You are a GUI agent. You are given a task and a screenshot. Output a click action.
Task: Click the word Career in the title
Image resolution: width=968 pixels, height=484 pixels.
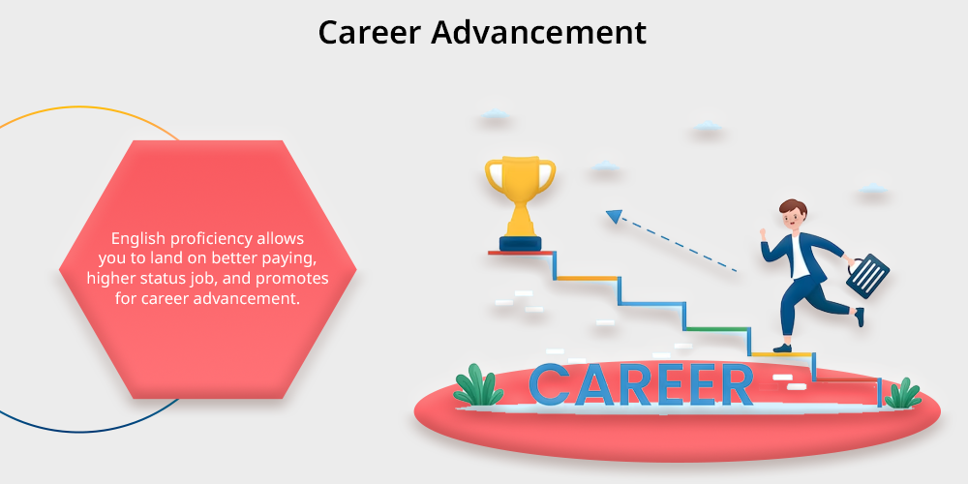click(x=369, y=32)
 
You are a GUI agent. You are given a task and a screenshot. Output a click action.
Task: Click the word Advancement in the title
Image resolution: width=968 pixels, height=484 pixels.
click(x=539, y=32)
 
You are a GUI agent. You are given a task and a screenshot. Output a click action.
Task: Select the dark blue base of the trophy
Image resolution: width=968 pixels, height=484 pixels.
click(x=520, y=243)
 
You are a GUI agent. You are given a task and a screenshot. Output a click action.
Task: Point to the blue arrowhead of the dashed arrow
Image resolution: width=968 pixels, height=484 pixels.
click(x=615, y=216)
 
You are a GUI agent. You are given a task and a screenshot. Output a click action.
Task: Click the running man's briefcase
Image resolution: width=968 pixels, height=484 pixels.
click(x=867, y=274)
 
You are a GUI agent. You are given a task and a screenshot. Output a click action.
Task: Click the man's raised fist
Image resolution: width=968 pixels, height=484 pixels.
click(x=764, y=233)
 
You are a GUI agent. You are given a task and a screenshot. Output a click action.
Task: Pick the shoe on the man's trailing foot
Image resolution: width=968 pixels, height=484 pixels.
click(x=859, y=317)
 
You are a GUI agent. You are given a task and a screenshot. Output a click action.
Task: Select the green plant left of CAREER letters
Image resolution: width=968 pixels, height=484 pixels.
click(x=478, y=385)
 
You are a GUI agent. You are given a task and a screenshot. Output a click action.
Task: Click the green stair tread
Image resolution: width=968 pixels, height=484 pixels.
click(x=716, y=328)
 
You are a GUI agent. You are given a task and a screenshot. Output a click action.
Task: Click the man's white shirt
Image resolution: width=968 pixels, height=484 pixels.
click(x=800, y=259)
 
